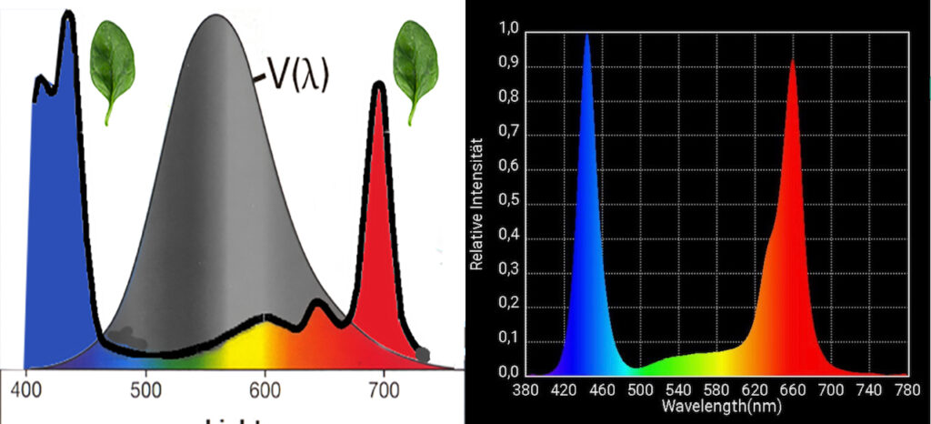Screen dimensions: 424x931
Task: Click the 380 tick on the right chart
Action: click(x=527, y=389)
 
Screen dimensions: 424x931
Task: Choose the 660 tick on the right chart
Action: click(x=793, y=389)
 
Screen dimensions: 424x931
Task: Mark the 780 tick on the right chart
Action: click(x=906, y=389)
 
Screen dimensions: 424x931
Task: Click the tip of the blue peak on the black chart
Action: click(x=586, y=35)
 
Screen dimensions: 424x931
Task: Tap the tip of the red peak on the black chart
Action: click(x=793, y=60)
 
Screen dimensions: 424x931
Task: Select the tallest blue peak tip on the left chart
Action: click(x=66, y=15)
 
